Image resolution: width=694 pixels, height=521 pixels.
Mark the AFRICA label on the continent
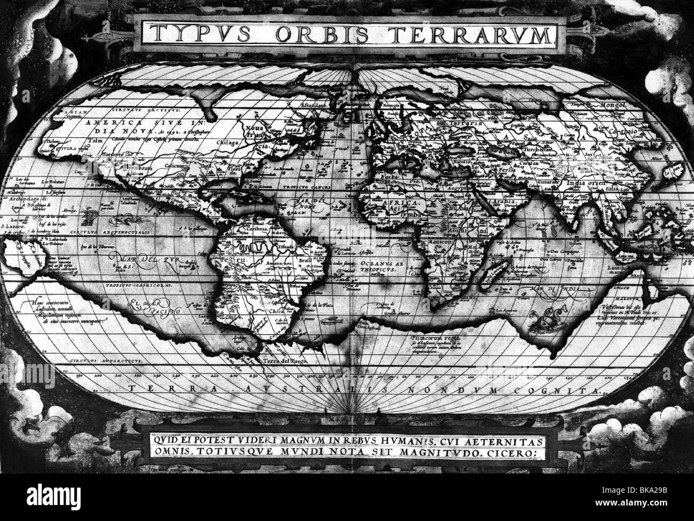pyautogui.click(x=390, y=204)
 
